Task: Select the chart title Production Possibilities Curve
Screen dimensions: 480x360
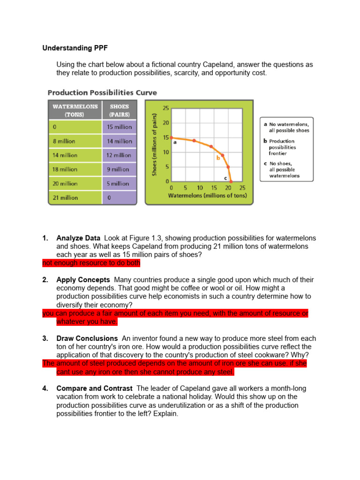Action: (x=103, y=93)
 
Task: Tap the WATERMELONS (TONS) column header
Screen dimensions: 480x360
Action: (x=75, y=110)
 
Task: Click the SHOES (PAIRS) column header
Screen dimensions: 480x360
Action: (x=120, y=110)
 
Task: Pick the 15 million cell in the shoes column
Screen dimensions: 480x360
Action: (x=120, y=127)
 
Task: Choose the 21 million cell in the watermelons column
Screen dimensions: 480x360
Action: (x=65, y=198)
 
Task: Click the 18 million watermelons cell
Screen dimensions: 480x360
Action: (x=65, y=169)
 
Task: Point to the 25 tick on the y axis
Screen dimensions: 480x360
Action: (x=166, y=108)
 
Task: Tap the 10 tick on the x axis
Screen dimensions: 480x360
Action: (x=200, y=188)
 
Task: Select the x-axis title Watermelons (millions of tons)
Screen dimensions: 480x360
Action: (x=207, y=195)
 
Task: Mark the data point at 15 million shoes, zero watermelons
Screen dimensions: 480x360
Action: (x=172, y=138)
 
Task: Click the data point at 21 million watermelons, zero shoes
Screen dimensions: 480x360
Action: (x=231, y=181)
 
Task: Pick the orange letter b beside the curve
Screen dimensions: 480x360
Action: (x=218, y=158)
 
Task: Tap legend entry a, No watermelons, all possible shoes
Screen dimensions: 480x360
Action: (x=286, y=127)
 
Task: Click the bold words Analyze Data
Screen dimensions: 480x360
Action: (x=78, y=239)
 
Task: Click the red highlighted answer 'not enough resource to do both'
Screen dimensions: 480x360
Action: (x=91, y=263)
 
